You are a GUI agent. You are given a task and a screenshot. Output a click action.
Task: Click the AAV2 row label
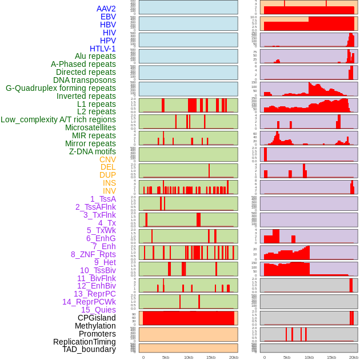click(106, 9)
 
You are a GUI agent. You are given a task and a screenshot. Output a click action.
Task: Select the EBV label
click(108, 17)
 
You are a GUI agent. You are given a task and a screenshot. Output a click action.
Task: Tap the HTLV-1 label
click(102, 49)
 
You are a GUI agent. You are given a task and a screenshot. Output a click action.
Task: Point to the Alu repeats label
click(95, 56)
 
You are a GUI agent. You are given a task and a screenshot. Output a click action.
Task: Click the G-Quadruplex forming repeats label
click(61, 88)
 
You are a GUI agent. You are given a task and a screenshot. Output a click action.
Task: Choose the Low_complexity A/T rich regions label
click(58, 119)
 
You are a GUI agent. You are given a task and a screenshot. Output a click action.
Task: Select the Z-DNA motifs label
click(93, 151)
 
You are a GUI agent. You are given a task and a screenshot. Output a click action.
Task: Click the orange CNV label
click(107, 159)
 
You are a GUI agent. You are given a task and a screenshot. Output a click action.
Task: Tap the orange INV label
click(109, 191)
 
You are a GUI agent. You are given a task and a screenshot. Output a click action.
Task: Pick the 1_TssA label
click(103, 199)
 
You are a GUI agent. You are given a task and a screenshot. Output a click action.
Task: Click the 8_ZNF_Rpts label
click(93, 254)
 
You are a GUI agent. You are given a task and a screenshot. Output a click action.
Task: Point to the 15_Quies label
click(98, 310)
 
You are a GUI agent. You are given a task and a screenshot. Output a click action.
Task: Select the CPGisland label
click(97, 318)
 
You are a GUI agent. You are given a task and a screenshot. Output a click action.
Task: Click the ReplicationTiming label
click(84, 342)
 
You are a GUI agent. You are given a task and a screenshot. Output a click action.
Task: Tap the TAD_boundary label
click(89, 349)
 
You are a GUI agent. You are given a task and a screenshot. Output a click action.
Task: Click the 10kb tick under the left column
click(189, 357)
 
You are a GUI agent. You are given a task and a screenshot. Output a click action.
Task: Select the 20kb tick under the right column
click(354, 357)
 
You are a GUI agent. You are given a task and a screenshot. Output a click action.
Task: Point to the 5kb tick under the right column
click(287, 357)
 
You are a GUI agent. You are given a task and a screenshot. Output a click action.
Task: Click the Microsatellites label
click(90, 127)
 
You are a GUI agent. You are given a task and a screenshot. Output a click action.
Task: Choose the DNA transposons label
click(85, 80)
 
